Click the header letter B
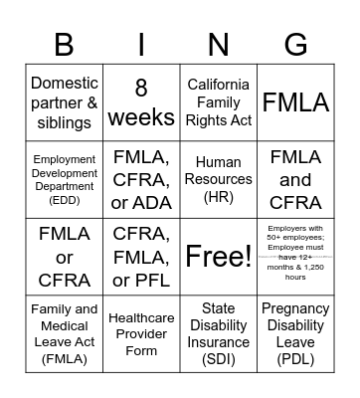pos(65,44)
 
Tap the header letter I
pos(141,44)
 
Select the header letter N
pos(219,44)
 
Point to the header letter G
pos(295,44)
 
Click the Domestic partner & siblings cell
pos(65,103)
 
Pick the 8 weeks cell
pos(141,103)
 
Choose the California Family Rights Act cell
pos(219,103)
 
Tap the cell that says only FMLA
pos(295,103)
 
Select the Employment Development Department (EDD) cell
pos(65,180)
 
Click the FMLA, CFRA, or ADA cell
pos(141,180)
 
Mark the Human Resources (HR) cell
pos(219,180)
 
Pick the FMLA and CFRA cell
pos(295,180)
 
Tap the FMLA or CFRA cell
pos(65,257)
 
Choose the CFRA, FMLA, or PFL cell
pos(141,257)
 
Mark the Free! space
pos(219,257)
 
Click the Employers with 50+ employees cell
pos(295,257)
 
